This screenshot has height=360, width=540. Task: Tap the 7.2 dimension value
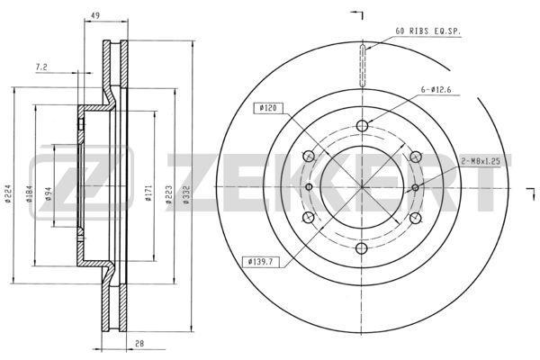[x=41, y=67]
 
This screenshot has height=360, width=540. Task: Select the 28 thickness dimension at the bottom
[x=139, y=344]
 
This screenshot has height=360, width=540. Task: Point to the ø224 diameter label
[x=8, y=194]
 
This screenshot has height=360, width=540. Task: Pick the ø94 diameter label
[x=49, y=194]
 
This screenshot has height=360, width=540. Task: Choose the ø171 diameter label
[x=148, y=193]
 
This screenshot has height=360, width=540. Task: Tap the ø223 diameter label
[x=169, y=195]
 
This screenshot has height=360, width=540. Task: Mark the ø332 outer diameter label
[x=186, y=195]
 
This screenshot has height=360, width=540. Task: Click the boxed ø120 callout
[x=268, y=108]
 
